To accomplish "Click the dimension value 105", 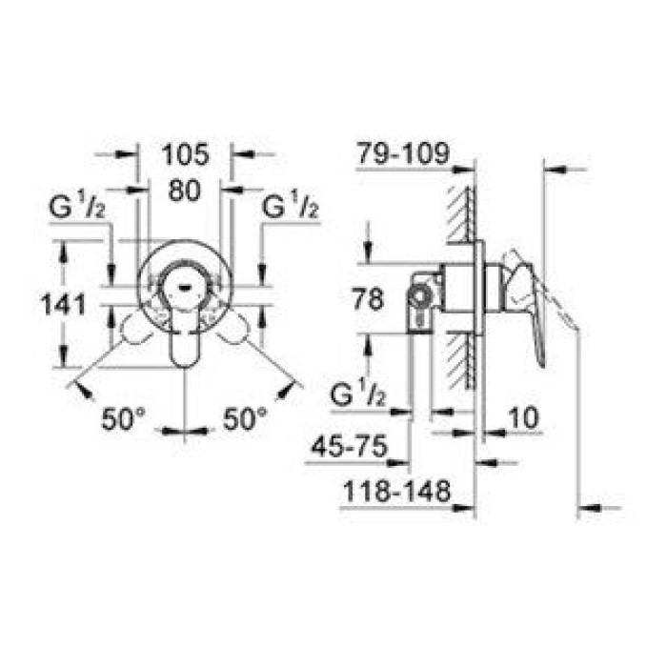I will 183,152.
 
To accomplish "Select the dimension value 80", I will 183,190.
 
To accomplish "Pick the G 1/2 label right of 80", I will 290,207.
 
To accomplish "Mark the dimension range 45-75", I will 353,447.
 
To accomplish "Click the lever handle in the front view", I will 184,333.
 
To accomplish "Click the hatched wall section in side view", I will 463,286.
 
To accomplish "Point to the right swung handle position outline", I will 238,331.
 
